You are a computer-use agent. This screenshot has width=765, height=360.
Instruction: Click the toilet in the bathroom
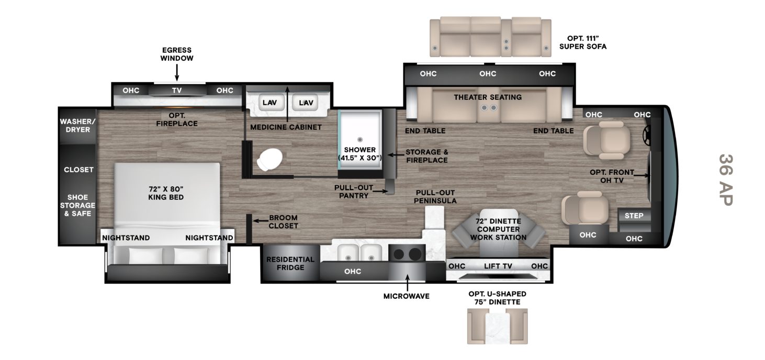[x=269, y=159]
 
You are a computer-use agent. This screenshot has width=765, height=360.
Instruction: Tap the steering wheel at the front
[x=647, y=136]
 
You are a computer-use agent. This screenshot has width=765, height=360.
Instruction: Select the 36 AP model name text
[x=725, y=180]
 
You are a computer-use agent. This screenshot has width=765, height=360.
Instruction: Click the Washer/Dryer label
[x=77, y=126]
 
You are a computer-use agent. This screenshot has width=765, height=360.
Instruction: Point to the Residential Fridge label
[x=290, y=263]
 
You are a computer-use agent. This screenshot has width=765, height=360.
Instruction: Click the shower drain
[x=359, y=139]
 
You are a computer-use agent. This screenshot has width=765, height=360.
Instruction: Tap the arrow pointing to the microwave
[x=407, y=283]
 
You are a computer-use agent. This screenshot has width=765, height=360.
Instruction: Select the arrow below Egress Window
[x=177, y=72]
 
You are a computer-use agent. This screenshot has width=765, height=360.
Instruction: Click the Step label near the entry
[x=634, y=216]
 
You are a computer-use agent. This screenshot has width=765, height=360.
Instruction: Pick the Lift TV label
[x=498, y=266]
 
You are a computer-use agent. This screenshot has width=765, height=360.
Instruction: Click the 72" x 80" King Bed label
[x=166, y=193]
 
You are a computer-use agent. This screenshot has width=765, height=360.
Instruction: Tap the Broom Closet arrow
[x=260, y=221]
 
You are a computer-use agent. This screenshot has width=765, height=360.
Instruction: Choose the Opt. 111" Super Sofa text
[x=582, y=42]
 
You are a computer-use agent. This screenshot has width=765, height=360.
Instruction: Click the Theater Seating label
[x=488, y=97]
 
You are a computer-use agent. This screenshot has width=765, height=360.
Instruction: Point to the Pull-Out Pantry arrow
[x=380, y=192]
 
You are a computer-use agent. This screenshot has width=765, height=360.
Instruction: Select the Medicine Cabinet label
[x=286, y=127]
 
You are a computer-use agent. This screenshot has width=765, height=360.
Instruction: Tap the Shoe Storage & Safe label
[x=77, y=205]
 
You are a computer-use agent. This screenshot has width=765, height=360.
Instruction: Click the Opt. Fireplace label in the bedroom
[x=177, y=119]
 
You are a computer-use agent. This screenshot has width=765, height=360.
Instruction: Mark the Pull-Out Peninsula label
[x=435, y=197]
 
